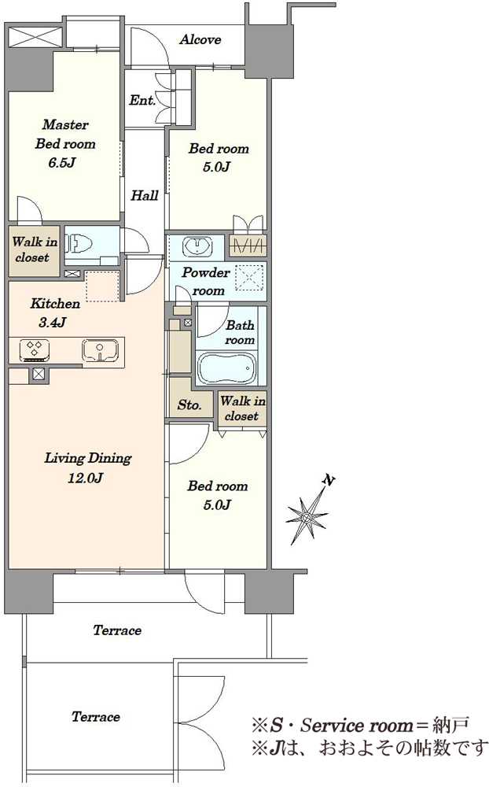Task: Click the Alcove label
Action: coord(200,39)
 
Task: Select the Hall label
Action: coord(145,195)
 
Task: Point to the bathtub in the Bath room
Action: coord(228,368)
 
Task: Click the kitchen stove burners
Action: coord(35,350)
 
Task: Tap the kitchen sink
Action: coord(101,349)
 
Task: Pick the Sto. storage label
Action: coord(189,405)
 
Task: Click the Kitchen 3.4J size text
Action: coord(53,322)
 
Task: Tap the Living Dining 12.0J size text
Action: coord(85,478)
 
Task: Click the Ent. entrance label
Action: coord(142,101)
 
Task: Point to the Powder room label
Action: coord(206,282)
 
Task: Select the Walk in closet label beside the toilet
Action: coord(34,249)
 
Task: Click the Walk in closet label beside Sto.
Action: coord(243,408)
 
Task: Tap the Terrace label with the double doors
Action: coord(96,716)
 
